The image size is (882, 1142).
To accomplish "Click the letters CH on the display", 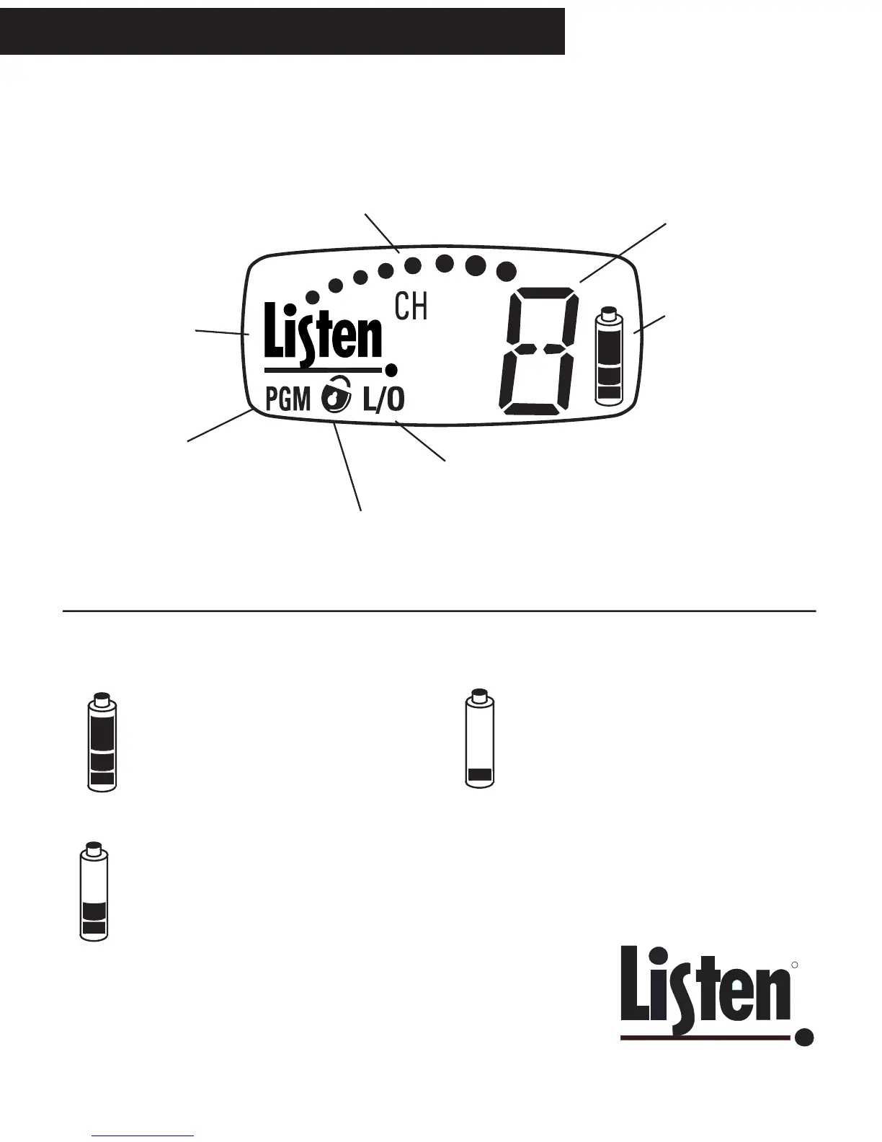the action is (411, 307).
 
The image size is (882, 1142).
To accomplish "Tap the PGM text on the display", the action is (288, 399).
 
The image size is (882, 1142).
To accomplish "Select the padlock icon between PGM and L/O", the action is (336, 396).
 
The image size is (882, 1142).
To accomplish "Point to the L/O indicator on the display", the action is (383, 399).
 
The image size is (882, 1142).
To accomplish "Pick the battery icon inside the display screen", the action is (608, 355).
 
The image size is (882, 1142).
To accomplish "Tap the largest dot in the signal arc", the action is (507, 270).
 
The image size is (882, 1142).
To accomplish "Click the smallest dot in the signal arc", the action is (312, 296).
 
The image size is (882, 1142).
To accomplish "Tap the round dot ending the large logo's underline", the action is (804, 1037).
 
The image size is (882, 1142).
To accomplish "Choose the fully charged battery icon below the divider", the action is (102, 743).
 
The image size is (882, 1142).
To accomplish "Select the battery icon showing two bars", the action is (94, 891).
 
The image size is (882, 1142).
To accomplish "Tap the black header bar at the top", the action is (282, 31).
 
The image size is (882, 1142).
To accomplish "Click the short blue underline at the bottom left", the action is (143, 1136).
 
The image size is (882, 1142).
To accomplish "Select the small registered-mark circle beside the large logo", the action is (795, 964).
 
